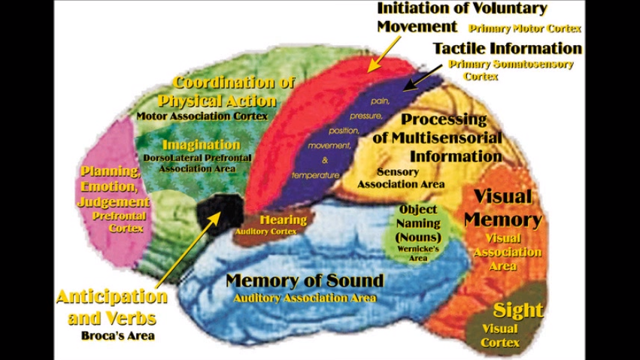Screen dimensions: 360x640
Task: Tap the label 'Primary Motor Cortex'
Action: pyautogui.click(x=525, y=29)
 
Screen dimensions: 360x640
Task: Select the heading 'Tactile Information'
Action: pyautogui.click(x=507, y=48)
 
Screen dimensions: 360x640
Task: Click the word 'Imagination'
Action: pyautogui.click(x=201, y=144)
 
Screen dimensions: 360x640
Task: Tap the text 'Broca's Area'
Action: pyautogui.click(x=117, y=335)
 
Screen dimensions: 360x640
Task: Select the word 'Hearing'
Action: pyautogui.click(x=283, y=220)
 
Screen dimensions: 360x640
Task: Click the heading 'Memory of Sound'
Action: pyautogui.click(x=305, y=281)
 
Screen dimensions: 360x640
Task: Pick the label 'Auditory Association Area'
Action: pyautogui.click(x=305, y=298)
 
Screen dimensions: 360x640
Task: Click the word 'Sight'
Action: pyautogui.click(x=517, y=310)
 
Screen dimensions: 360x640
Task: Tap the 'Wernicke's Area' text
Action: pyautogui.click(x=418, y=253)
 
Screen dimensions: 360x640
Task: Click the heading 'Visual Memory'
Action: pyautogui.click(x=502, y=208)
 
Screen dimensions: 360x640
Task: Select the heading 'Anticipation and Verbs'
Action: pyautogui.click(x=111, y=307)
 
